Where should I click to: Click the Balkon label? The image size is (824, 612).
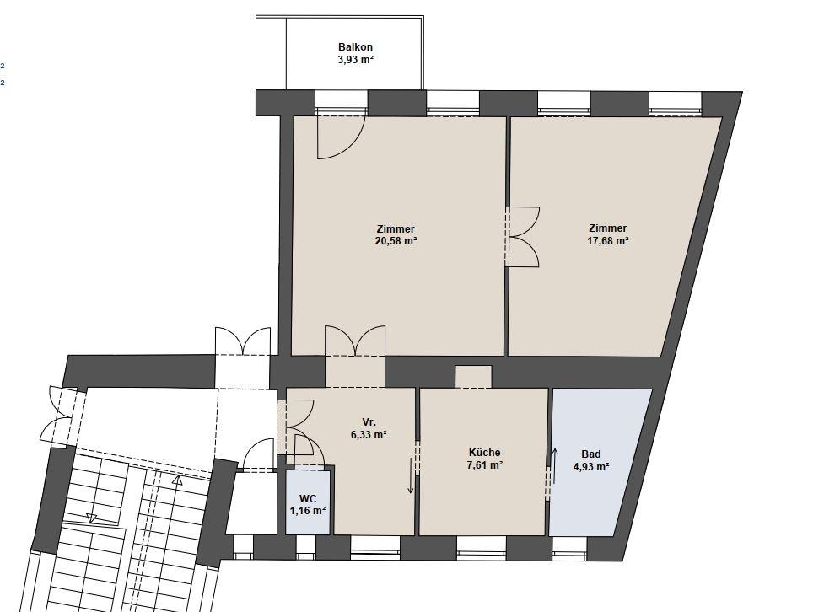point(355,46)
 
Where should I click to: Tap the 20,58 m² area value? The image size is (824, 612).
point(396,241)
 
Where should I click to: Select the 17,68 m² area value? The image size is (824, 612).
point(608,240)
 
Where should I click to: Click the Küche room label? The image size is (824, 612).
point(484,453)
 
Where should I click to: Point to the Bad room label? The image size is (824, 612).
point(591,454)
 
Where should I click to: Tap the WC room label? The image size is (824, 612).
point(308,498)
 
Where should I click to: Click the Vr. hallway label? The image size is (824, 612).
point(369,422)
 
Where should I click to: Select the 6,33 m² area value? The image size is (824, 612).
point(369,435)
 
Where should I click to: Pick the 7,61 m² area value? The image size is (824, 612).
point(484,465)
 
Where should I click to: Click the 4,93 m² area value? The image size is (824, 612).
point(591,466)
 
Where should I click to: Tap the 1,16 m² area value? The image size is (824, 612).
point(308,510)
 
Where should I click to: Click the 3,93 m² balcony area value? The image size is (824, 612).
point(355,59)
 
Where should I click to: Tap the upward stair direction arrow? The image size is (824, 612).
point(177,480)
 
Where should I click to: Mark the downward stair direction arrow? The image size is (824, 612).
point(91,518)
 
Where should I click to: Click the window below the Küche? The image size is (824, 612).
point(481,547)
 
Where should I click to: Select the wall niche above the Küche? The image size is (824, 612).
point(473,377)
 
